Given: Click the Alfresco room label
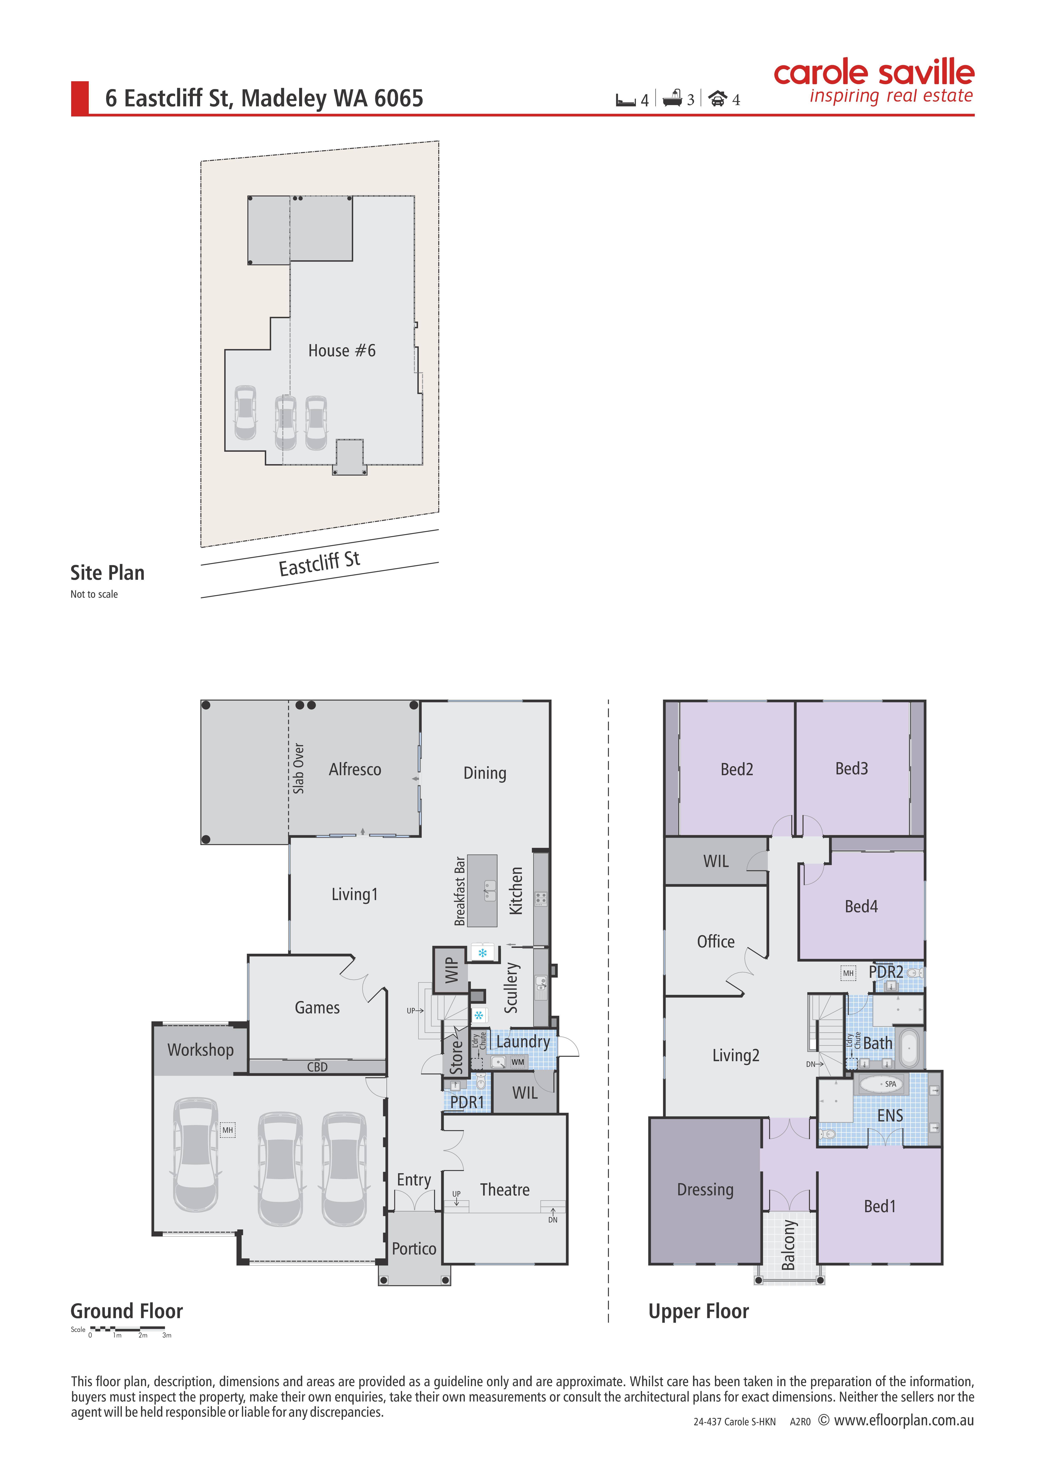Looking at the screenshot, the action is click(355, 769).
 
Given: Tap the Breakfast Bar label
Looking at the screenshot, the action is click(460, 891).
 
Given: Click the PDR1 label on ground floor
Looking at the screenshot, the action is click(467, 1102).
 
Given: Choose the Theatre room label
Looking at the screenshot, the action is click(505, 1189).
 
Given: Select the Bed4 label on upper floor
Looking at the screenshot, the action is click(861, 906).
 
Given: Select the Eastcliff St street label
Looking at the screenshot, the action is click(320, 564).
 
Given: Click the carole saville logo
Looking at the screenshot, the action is click(874, 82).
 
